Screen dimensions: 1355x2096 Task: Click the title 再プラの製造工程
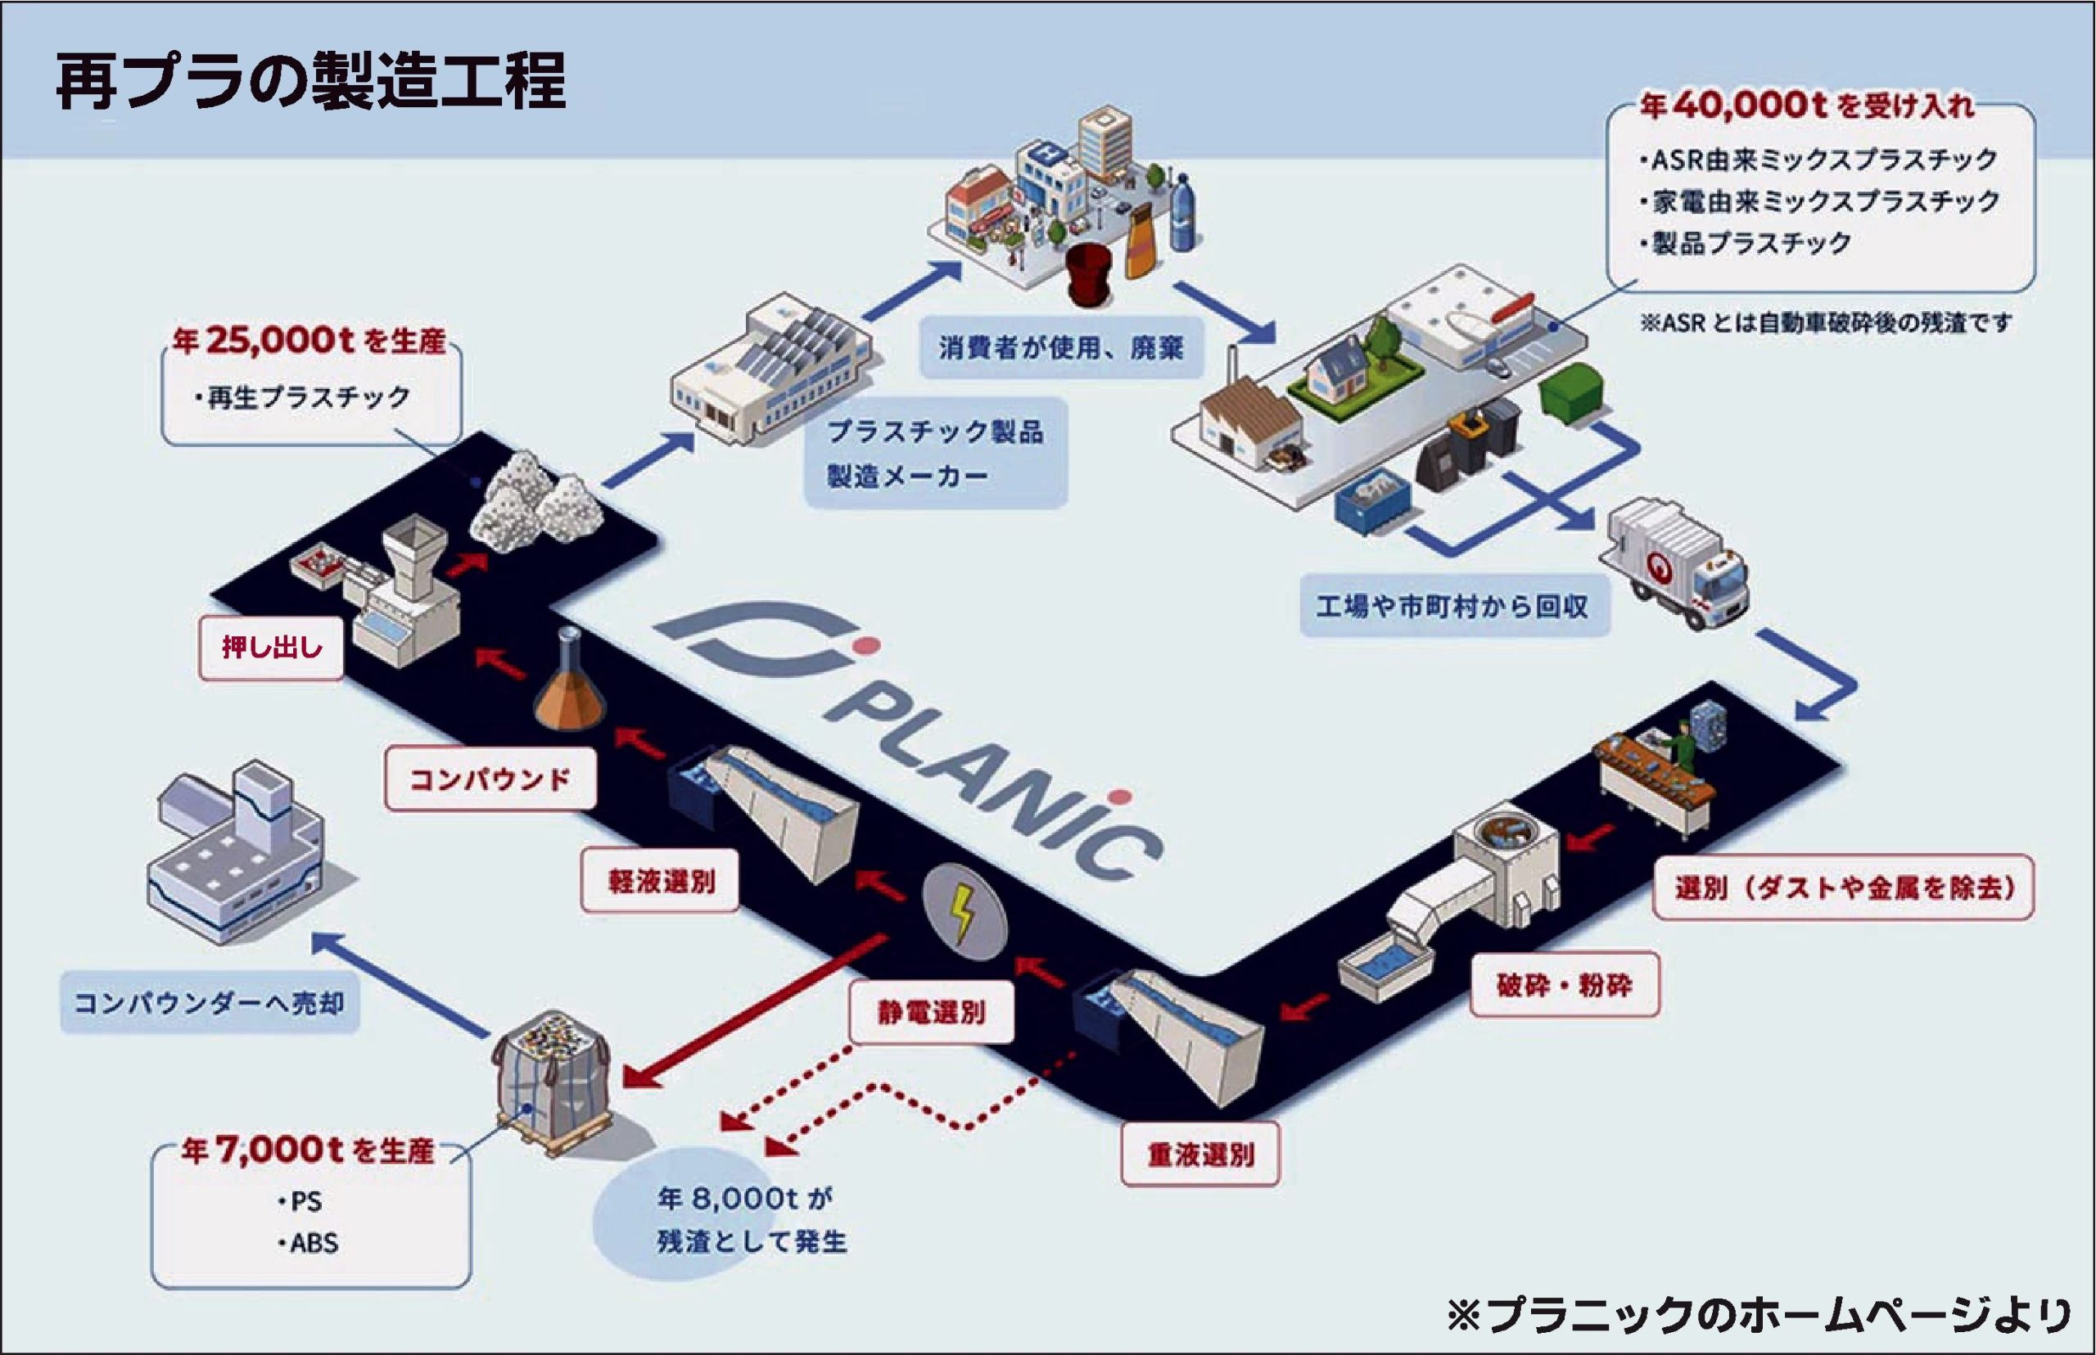pyautogui.click(x=310, y=83)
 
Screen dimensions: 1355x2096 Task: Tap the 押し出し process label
pyautogui.click(x=271, y=648)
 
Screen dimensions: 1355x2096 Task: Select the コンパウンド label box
pyautogui.click(x=490, y=779)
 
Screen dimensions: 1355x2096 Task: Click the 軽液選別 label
pyautogui.click(x=660, y=881)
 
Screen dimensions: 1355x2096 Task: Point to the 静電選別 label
pyautogui.click(x=931, y=1013)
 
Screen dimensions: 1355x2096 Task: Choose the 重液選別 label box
pyautogui.click(x=1200, y=1154)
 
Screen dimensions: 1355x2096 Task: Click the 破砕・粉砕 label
pyautogui.click(x=1564, y=986)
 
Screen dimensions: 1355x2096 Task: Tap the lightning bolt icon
pyautogui.click(x=963, y=911)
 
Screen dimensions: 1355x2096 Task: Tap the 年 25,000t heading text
pyautogui.click(x=309, y=341)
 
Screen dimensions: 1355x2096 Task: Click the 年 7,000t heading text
pyautogui.click(x=307, y=1150)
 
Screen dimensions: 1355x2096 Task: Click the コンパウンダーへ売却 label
pyautogui.click(x=210, y=1002)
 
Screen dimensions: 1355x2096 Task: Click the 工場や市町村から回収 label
pyautogui.click(x=1452, y=606)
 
